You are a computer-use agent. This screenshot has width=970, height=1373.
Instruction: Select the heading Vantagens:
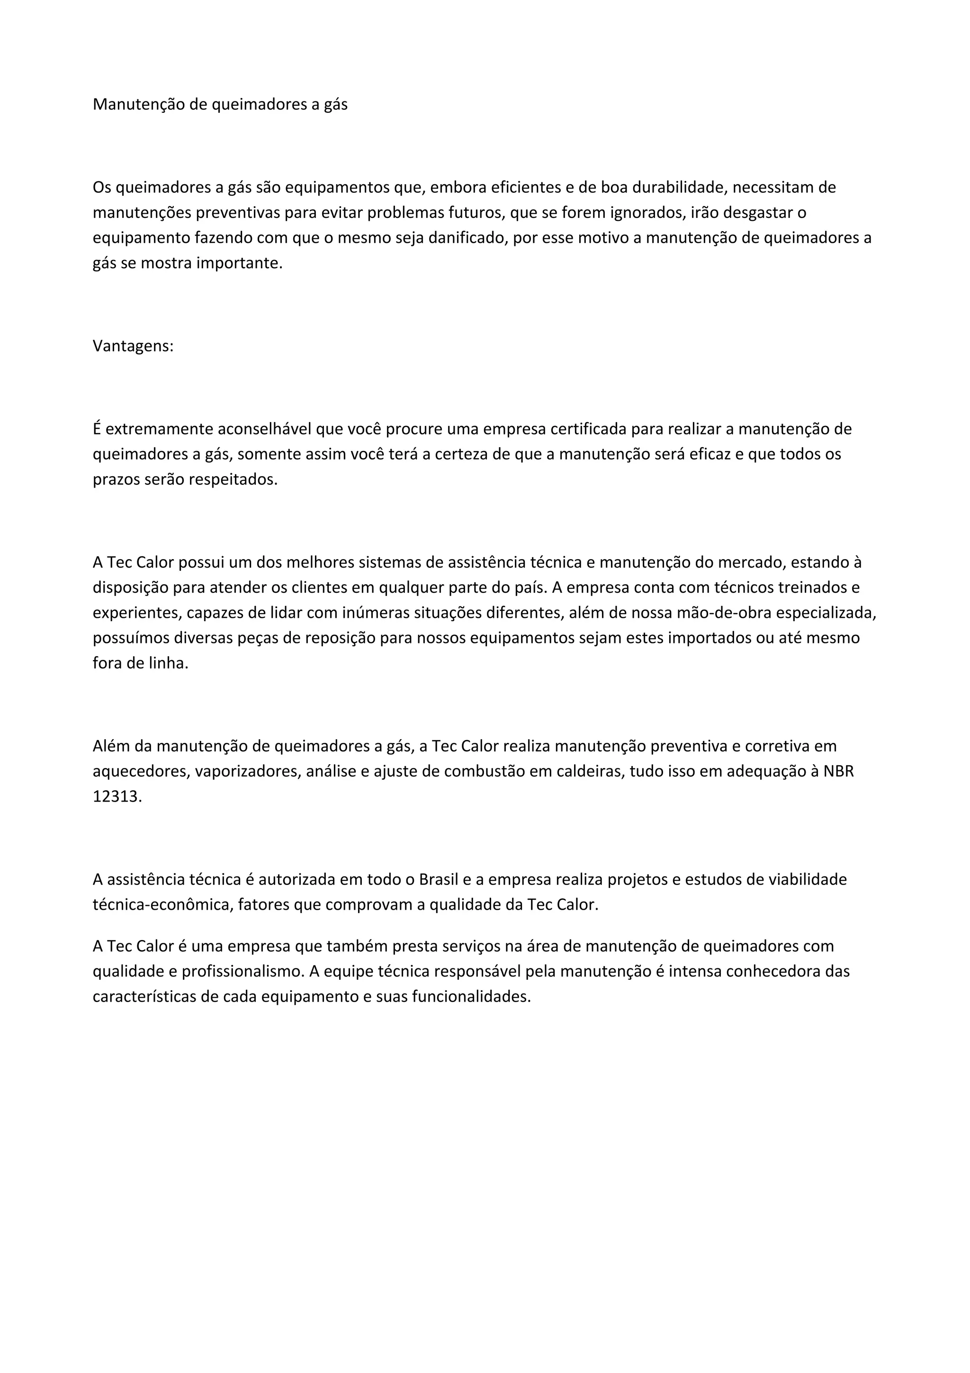[133, 346]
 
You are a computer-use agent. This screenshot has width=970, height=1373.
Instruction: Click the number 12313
[117, 796]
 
